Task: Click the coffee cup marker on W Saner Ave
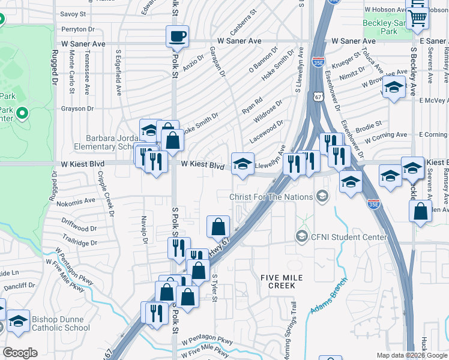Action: [x=177, y=36]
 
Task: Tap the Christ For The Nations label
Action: [x=271, y=197]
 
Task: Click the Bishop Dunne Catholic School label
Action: [x=53, y=323]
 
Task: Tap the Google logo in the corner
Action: [x=20, y=353]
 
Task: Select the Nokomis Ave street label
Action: [x=77, y=201]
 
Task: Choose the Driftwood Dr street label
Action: [x=79, y=229]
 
